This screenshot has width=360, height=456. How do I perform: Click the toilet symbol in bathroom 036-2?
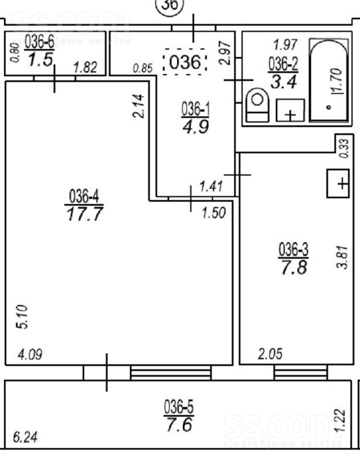click(257, 105)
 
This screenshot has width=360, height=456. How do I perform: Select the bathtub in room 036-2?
click(329, 80)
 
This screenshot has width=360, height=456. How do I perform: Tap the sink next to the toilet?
click(290, 110)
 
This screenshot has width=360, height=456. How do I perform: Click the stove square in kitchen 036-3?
click(338, 184)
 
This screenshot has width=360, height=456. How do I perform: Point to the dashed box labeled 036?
click(185, 62)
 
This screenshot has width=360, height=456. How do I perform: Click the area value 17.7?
click(84, 214)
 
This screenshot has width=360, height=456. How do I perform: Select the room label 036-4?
click(84, 196)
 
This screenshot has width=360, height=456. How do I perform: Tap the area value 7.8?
click(294, 267)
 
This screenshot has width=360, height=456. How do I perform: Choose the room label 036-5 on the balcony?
click(179, 407)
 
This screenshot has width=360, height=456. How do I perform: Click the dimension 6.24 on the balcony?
click(25, 437)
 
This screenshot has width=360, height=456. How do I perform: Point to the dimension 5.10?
click(22, 317)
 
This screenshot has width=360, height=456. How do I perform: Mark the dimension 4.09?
click(30, 355)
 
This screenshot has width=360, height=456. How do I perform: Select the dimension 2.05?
click(270, 354)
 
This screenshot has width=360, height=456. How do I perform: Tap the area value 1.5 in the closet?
click(40, 60)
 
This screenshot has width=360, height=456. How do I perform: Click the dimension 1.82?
click(85, 68)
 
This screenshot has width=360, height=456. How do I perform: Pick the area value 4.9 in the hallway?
click(195, 127)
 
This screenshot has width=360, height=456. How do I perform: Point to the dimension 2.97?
click(225, 52)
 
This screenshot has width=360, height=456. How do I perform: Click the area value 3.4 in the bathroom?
click(284, 82)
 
